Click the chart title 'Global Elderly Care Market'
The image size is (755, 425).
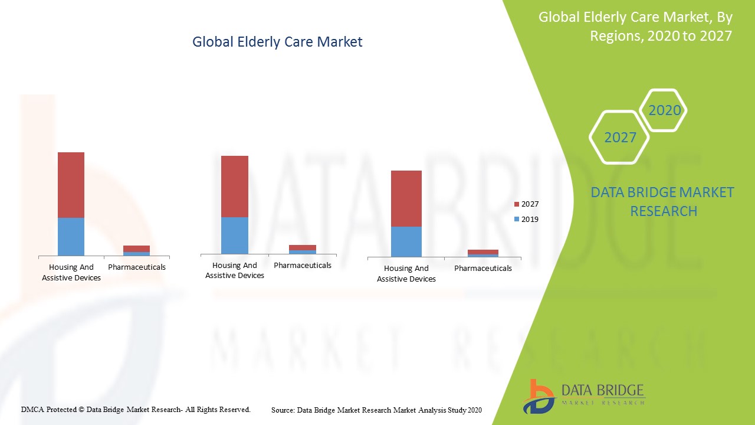(277, 42)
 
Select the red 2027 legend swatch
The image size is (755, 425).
(517, 204)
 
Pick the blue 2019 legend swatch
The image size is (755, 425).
(517, 220)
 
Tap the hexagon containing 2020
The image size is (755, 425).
(664, 110)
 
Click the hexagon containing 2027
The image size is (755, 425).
(619, 138)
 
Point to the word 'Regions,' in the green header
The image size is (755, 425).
(616, 35)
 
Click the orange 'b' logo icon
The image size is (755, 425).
(538, 396)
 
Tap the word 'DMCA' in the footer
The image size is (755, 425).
(32, 409)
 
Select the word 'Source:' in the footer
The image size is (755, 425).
(283, 410)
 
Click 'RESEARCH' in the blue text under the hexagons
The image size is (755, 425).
(664, 211)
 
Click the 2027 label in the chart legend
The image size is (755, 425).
(530, 204)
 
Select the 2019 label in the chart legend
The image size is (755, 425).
(530, 220)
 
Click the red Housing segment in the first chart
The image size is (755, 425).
(71, 185)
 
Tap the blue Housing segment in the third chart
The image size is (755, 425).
(406, 241)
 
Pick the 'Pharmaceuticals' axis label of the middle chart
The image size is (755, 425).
(303, 266)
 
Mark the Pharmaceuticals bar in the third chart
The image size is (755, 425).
(483, 253)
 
